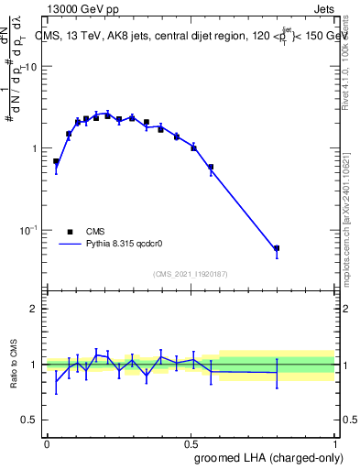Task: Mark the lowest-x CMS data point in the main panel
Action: pos(56,161)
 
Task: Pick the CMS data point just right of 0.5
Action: pos(193,147)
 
